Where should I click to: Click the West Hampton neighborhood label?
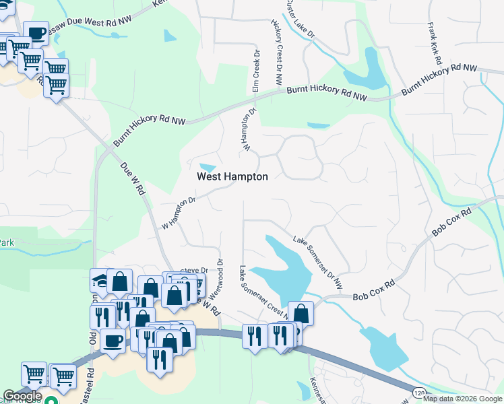pyautogui.click(x=232, y=177)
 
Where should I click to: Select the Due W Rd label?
pyautogui.click(x=133, y=178)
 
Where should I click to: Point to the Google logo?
pyautogui.click(x=22, y=396)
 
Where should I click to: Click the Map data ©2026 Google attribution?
pyautogui.click(x=462, y=399)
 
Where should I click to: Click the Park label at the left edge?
pyautogui.click(x=7, y=242)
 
